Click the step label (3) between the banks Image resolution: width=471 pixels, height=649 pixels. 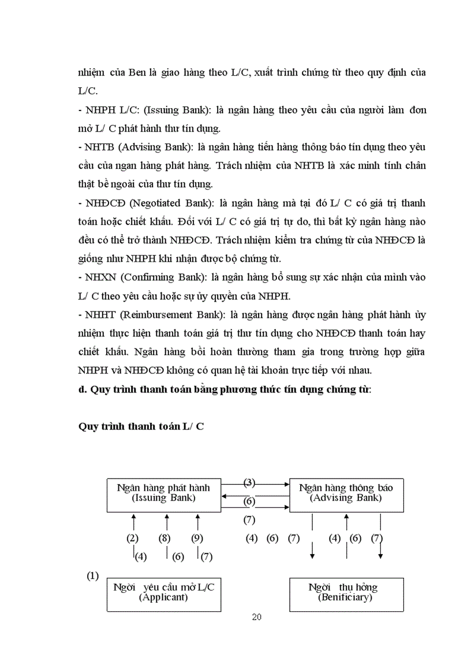coord(249,483)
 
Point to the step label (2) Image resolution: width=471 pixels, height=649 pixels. coord(133,539)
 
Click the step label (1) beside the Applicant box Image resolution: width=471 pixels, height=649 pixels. coord(93,576)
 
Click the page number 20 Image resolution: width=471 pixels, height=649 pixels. coord(257,617)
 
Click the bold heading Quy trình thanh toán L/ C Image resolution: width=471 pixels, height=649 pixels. coord(141,427)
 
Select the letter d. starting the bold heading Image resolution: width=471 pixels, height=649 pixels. coord(81,390)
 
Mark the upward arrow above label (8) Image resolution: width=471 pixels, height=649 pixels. coord(166,523)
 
